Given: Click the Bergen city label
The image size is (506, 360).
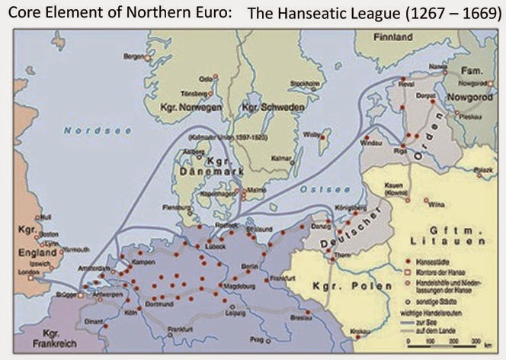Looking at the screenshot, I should [x=133, y=57].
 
